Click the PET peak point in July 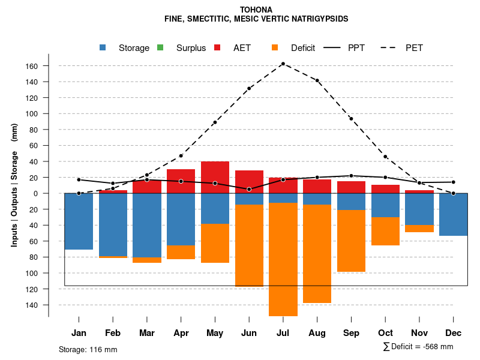(x=283, y=64)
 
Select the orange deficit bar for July (x=283, y=259)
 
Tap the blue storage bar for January (x=79, y=221)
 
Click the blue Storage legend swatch (x=104, y=48)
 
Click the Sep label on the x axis (x=351, y=333)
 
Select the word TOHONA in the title (x=256, y=10)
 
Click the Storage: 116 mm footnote (x=88, y=349)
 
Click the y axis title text (x=14, y=185)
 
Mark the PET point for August (x=317, y=80)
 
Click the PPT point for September (x=351, y=176)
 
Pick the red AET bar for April (x=181, y=181)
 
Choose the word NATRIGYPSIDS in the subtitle (x=319, y=19)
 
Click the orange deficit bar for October (x=385, y=231)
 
